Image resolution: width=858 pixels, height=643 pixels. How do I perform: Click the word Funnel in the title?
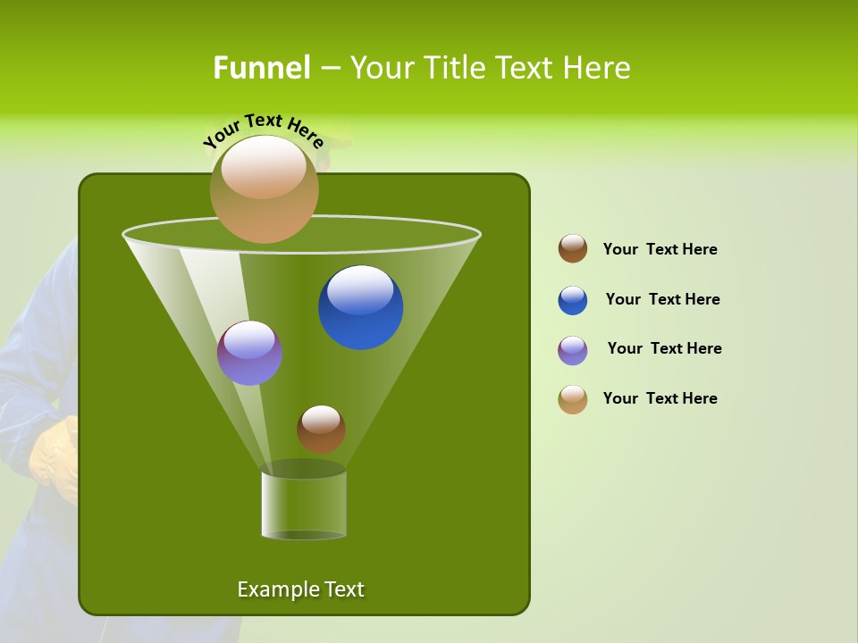click(261, 68)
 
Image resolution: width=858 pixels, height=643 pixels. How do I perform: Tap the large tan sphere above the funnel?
click(264, 188)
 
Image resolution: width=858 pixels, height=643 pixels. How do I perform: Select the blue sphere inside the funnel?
click(360, 307)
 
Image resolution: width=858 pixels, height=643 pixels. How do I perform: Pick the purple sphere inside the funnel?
click(249, 353)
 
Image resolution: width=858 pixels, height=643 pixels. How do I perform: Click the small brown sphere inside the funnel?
click(321, 429)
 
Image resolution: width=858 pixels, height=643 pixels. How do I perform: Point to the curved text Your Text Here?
click(264, 129)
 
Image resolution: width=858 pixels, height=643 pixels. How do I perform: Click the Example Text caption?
click(300, 589)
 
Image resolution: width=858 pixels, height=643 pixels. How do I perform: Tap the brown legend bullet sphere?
click(573, 249)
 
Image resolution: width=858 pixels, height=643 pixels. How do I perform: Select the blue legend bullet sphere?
click(573, 300)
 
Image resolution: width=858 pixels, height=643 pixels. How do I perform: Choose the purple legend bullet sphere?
click(573, 350)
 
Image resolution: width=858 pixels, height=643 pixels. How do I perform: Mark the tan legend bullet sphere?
click(573, 399)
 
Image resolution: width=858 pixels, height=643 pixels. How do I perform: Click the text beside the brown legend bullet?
click(660, 249)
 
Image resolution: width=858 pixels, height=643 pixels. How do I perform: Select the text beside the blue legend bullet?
click(662, 299)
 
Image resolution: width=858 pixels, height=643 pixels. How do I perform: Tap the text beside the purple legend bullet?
click(664, 348)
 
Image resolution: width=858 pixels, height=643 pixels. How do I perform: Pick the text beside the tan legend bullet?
click(660, 398)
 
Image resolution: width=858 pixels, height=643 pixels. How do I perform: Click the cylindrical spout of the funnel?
click(303, 505)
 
